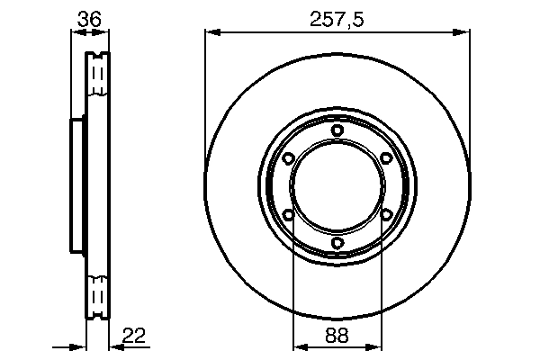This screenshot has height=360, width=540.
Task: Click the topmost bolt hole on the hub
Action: coord(337,130)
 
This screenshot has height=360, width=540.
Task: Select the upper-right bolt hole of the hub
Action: coord(386,158)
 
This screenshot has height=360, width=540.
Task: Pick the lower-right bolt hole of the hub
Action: coord(386,214)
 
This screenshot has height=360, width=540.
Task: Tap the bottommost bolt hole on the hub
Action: coord(337,243)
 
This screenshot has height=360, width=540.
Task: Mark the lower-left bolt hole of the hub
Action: coord(288,214)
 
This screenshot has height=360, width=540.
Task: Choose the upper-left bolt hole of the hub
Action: coord(288,158)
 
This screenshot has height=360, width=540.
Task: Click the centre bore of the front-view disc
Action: coord(337,186)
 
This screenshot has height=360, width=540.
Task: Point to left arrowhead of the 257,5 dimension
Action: coord(211,32)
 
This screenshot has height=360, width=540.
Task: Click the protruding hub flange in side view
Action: coord(77,186)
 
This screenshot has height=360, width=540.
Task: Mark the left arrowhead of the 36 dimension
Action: coord(75,32)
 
